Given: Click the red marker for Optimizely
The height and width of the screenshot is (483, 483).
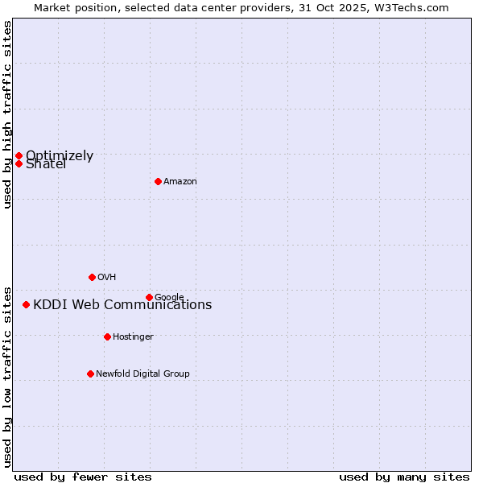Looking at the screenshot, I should point(19,155).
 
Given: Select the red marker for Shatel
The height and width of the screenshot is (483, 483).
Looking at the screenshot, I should point(19,163).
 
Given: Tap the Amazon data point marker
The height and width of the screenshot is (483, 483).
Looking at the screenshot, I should point(158,181).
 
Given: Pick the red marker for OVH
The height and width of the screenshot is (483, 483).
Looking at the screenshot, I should point(92,277).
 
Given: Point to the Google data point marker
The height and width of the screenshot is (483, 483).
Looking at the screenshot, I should point(149,297).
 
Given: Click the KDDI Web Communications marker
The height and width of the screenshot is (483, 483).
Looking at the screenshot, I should point(27,304).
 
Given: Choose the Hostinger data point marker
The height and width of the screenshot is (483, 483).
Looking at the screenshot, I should point(107,336).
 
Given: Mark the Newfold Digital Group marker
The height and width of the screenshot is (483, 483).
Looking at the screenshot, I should point(90,374).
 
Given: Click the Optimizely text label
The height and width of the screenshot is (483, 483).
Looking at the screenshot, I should point(60,155).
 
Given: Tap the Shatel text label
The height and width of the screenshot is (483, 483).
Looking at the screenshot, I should point(46,165).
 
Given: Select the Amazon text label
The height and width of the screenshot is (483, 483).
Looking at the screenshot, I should point(180,181).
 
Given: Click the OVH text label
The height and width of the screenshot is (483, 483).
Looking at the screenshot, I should point(107,277).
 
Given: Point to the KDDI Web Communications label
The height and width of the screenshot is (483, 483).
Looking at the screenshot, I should point(122,304).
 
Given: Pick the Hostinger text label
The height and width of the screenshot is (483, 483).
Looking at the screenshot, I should point(133,336).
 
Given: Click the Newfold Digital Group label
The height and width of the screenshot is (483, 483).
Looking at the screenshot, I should point(142,374).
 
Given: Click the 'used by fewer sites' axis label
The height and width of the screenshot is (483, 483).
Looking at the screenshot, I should point(83,477).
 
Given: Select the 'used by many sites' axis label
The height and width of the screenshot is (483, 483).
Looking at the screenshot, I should point(404,477).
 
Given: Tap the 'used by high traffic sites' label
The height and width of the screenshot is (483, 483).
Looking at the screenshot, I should point(7,114).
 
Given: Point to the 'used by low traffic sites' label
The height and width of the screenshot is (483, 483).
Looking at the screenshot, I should point(7,377).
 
